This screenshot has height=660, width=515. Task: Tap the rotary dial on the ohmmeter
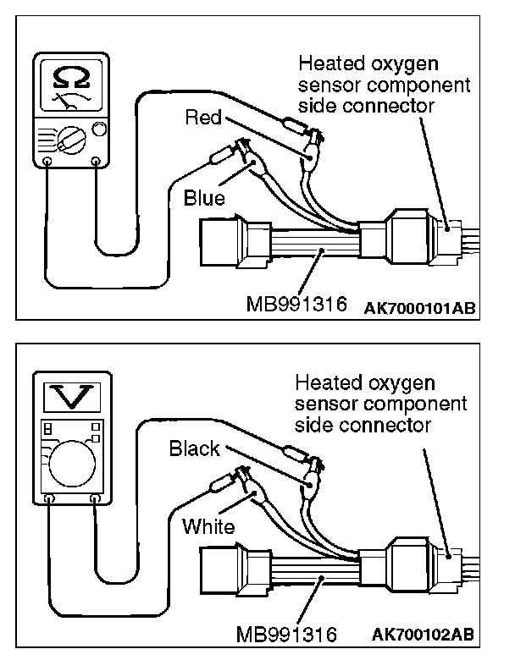pos(71,136)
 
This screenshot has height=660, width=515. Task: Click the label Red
pos(202,118)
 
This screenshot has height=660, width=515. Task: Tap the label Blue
pos(204,199)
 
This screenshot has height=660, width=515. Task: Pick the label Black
pos(194,448)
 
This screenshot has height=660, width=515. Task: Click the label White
pos(208,526)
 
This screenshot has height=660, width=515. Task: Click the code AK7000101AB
pos(420,308)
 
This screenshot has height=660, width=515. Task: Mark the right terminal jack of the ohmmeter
pos(95,161)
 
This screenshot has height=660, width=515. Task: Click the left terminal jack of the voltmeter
pos(50,500)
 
